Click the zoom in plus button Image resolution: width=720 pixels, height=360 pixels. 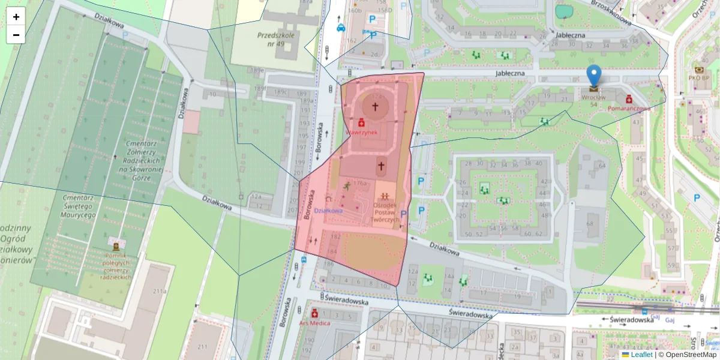point(16,17)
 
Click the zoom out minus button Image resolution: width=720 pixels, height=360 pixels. point(16,35)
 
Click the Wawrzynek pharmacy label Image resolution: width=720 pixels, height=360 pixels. point(361,131)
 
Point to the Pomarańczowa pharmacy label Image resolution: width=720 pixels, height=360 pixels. point(629,109)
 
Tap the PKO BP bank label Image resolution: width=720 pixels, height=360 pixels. point(699,77)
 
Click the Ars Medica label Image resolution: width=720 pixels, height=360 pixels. point(314,323)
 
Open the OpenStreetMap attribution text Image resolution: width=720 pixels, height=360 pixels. point(687,355)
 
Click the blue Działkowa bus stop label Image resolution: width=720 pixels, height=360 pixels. point(329,211)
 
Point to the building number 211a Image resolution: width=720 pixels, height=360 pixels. point(160,292)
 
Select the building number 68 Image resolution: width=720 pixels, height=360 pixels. point(589,224)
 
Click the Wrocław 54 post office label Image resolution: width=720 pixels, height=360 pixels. point(593,100)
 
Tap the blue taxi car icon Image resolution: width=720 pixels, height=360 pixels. point(341,27)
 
